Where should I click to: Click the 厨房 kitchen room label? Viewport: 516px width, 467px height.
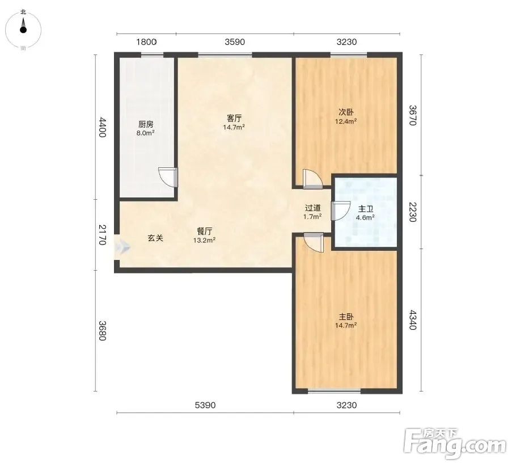146,124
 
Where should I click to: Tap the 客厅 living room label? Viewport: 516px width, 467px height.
234,118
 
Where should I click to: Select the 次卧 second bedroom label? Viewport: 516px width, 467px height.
346,112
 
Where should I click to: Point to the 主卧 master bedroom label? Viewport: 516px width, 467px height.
346,317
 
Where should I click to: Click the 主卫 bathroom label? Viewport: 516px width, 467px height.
365,209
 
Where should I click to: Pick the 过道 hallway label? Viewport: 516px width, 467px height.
312,208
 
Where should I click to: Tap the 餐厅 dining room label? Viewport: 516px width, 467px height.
204,231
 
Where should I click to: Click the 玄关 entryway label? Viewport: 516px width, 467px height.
155,238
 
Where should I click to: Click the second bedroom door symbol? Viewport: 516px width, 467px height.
312,179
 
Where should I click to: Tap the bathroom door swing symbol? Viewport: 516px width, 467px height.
341,211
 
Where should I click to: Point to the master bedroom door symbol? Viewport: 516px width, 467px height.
313,242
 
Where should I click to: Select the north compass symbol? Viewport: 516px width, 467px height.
23,29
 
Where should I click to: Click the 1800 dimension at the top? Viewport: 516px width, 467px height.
146,42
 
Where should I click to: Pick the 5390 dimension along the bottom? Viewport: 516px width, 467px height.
205,405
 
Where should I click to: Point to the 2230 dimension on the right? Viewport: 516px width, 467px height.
413,212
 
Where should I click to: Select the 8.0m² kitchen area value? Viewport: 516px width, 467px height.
146,133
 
